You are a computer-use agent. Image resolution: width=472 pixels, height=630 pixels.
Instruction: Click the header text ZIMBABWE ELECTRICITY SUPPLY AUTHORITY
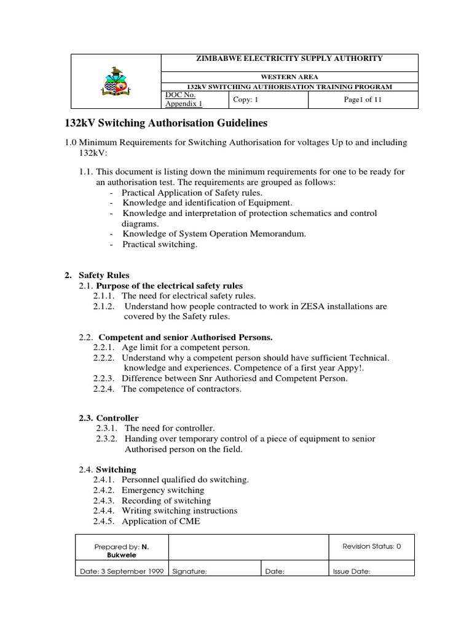click(x=289, y=58)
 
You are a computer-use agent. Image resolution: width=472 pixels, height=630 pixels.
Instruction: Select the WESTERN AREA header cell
click(x=289, y=76)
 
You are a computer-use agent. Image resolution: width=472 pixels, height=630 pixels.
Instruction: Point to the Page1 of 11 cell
click(x=363, y=100)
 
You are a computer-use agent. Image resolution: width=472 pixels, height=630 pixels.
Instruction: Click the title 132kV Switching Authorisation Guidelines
click(x=166, y=124)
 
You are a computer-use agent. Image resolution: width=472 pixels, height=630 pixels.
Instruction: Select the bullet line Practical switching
click(x=160, y=244)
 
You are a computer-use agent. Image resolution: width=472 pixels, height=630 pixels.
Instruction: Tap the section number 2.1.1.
click(x=105, y=296)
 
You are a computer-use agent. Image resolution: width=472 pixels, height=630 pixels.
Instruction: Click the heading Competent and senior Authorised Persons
click(x=186, y=337)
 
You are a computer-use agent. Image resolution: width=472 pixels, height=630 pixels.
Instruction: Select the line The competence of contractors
click(x=181, y=389)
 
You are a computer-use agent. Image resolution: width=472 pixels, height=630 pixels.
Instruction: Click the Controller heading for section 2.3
click(x=117, y=418)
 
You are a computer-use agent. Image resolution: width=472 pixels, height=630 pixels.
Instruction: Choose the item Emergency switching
click(x=163, y=490)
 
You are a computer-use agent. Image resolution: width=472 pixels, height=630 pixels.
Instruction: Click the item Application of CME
click(x=161, y=522)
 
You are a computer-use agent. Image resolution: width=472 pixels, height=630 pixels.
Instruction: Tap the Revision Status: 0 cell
click(x=372, y=546)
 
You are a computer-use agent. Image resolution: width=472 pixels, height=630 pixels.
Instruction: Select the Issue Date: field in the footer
click(x=352, y=571)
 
